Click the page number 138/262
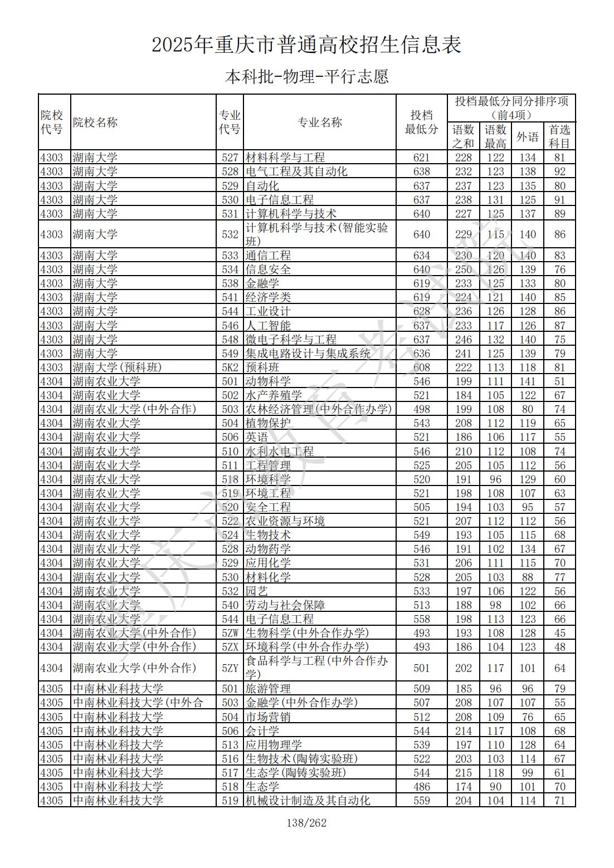[306, 822]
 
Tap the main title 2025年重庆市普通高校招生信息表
[306, 45]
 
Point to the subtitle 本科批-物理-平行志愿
[306, 76]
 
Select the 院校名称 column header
[95, 122]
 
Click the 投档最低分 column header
[421, 122]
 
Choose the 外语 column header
[527, 136]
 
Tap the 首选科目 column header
[559, 136]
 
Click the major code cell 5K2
[230, 367]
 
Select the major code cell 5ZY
[230, 668]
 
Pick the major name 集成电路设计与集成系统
[308, 354]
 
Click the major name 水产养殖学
[274, 395]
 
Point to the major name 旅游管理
[268, 689]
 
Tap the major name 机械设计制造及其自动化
[308, 801]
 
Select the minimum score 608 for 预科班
[421, 367]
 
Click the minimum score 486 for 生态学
[421, 787]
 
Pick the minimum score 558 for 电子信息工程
[421, 619]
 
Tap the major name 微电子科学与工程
[291, 340]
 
